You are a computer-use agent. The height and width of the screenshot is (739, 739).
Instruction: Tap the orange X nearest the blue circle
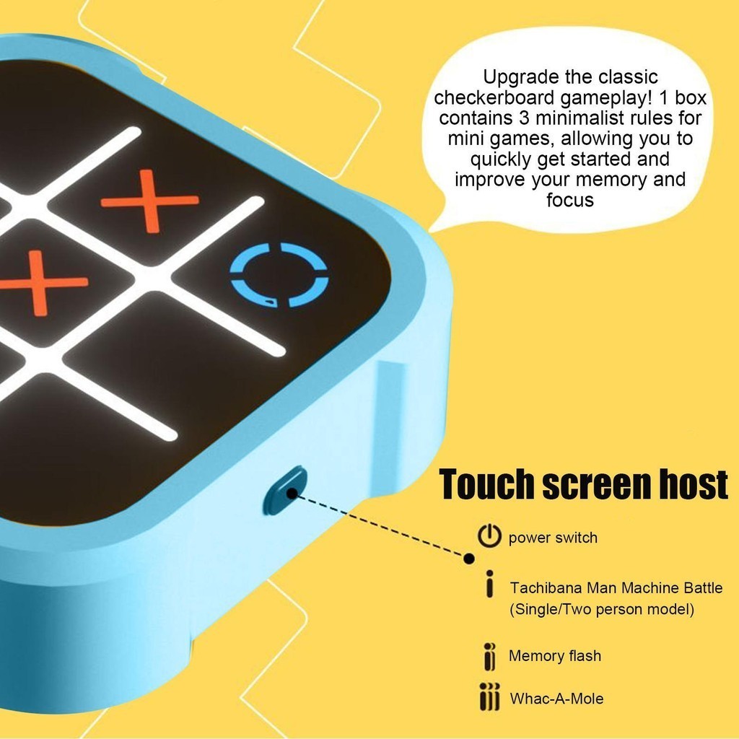[x=150, y=201]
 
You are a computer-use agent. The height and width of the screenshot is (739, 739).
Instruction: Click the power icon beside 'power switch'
[x=489, y=535]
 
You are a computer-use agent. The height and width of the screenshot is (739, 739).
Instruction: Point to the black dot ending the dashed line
[x=469, y=559]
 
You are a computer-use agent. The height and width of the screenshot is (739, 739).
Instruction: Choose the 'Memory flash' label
[x=555, y=655]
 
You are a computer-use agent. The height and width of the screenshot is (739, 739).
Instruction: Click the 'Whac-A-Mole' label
[x=556, y=698]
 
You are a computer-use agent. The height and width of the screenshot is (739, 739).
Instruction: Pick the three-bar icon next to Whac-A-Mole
[x=490, y=696]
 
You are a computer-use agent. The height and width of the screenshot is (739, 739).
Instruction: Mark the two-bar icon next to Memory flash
[x=490, y=656]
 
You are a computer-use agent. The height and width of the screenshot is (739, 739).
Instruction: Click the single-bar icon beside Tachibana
[x=490, y=584]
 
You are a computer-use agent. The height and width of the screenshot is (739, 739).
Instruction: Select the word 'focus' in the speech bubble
[x=570, y=200]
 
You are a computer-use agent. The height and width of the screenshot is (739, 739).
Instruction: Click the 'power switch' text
[x=553, y=538]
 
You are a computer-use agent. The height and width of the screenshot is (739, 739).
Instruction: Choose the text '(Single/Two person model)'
[x=602, y=609]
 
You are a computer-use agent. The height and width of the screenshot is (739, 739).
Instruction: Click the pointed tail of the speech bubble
[x=431, y=230]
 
